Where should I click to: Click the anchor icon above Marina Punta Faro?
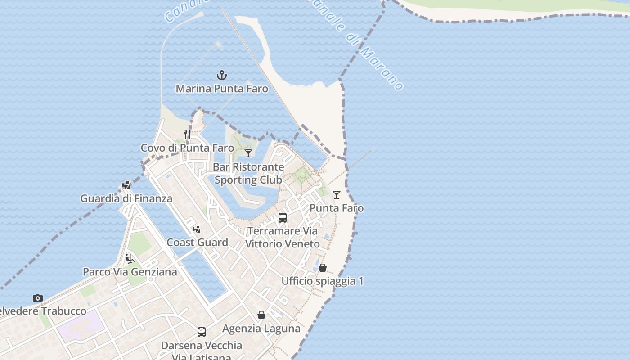coord(221,75)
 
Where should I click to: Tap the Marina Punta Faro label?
coord(222,89)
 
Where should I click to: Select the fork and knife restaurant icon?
coord(187,135)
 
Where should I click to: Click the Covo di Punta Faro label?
coord(187,148)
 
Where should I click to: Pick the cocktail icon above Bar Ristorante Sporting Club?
coord(248,153)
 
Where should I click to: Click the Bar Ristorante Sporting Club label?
coord(248,173)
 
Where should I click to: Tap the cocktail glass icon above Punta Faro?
coord(337,195)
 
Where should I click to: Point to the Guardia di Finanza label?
coord(126,198)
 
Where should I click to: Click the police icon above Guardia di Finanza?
coord(126,185)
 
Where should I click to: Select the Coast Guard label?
coord(197,243)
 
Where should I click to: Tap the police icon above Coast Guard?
coord(197,229)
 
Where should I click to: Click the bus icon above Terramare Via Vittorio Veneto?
coord(283,218)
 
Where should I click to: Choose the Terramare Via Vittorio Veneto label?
coord(283,238)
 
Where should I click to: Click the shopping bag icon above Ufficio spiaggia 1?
coord(323,268)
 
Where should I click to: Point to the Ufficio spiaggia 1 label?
coord(323,281)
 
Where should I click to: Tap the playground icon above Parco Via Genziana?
coord(130,259)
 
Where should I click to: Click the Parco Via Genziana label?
coord(130,272)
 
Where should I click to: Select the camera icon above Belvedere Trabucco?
coord(38,298)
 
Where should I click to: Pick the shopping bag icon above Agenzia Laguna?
coord(261,315)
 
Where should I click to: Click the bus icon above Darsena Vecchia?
coord(202,332)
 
